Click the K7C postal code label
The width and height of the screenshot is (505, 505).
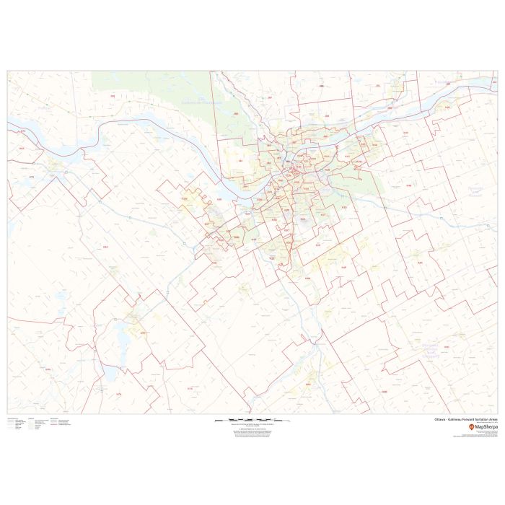pyautogui.click(x=142, y=333)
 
